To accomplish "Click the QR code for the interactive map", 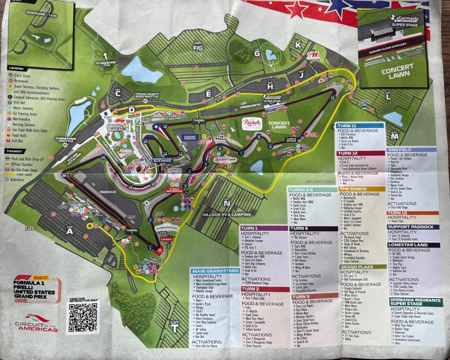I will [x=83, y=316].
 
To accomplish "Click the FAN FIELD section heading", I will [x=399, y=149].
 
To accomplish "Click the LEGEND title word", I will [x=16, y=68].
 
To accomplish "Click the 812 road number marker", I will [x=29, y=228].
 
